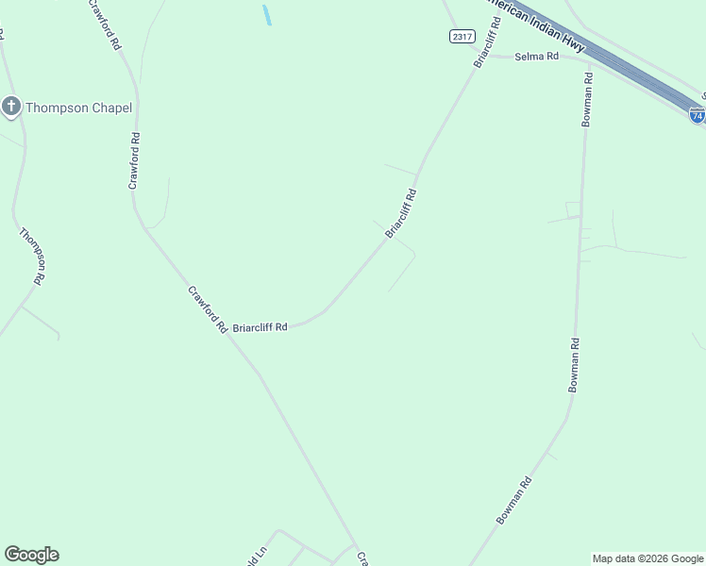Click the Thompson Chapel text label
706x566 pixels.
(78, 108)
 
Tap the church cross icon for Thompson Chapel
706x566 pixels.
(11, 106)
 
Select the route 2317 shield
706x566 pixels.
(462, 36)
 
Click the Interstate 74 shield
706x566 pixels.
(697, 115)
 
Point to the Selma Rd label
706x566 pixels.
(537, 57)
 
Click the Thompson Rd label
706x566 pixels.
(32, 255)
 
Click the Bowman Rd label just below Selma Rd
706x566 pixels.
(587, 99)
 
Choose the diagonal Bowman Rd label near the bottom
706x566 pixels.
(514, 501)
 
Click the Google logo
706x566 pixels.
(31, 555)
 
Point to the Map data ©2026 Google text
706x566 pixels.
(647, 558)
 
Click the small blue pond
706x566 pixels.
(267, 14)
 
